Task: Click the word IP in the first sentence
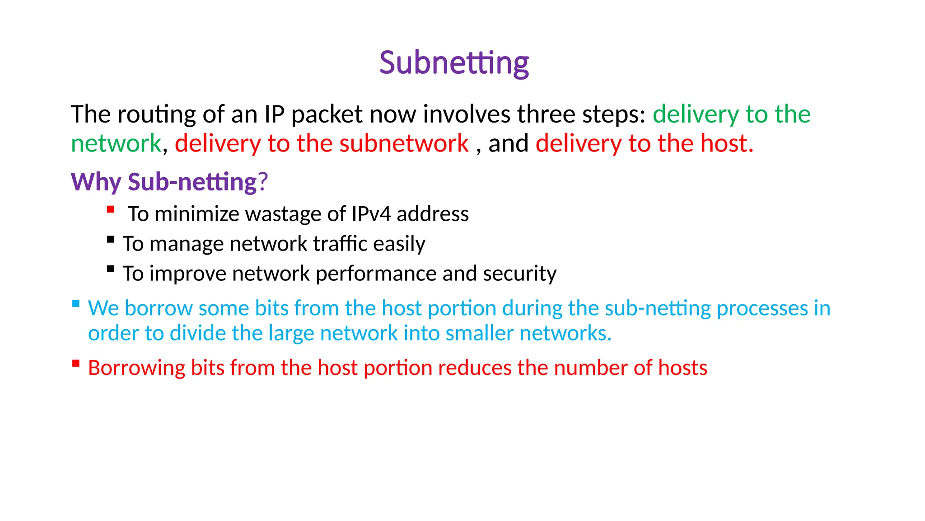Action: pyautogui.click(x=274, y=114)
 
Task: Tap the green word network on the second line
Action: pyautogui.click(x=116, y=144)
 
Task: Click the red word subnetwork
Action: pyautogui.click(x=404, y=144)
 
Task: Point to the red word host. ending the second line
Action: pyautogui.click(x=727, y=144)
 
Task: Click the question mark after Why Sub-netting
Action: pyautogui.click(x=263, y=182)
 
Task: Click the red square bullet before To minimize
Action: pyautogui.click(x=111, y=209)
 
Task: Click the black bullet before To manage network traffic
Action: pyautogui.click(x=111, y=239)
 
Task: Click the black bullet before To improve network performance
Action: pyautogui.click(x=111, y=269)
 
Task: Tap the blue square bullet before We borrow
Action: pyautogui.click(x=76, y=303)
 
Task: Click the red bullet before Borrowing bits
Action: pyautogui.click(x=76, y=363)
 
